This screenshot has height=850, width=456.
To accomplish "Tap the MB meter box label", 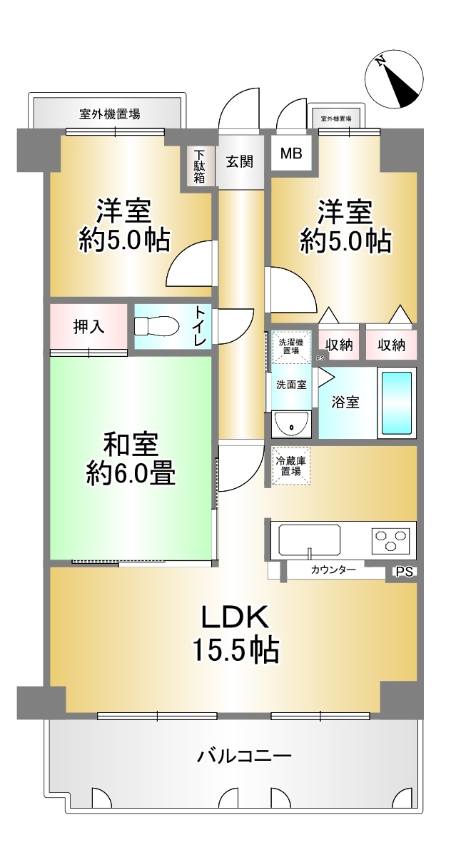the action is click(290, 153).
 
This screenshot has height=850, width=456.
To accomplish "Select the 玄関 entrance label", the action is click(240, 161).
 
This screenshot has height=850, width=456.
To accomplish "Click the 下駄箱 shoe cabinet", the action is click(199, 165).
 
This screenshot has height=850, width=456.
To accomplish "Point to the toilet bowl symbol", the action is click(157, 326).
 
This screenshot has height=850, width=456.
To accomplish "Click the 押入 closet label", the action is click(89, 327).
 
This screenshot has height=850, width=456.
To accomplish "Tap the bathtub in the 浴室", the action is click(397, 403).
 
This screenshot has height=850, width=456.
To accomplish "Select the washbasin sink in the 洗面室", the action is click(291, 423).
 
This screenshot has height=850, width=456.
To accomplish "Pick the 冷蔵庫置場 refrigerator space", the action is click(291, 465).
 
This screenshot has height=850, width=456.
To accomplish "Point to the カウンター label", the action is click(333, 570).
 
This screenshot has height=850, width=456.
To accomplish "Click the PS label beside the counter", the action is click(404, 572).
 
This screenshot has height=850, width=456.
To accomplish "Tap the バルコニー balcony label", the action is click(244, 756).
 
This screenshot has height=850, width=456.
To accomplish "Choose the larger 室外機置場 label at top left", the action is click(110, 114).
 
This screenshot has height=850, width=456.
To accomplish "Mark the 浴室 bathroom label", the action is click(345, 403).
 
